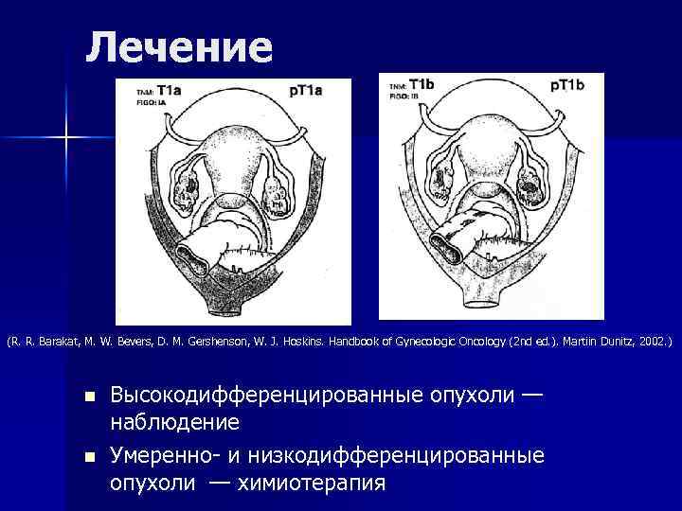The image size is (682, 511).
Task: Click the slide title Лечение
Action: point(179,46)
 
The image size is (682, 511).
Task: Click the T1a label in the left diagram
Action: point(171,90)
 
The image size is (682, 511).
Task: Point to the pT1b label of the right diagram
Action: point(569,85)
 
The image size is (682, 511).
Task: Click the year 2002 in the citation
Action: point(651,338)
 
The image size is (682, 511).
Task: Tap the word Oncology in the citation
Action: point(474,338)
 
